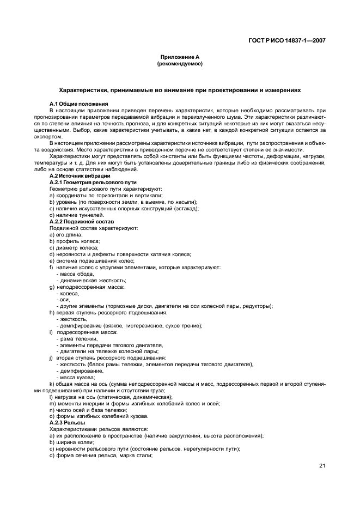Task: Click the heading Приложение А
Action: coord(179,57)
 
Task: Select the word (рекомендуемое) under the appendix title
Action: coord(179,64)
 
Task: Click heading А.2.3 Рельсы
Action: coord(67,422)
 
